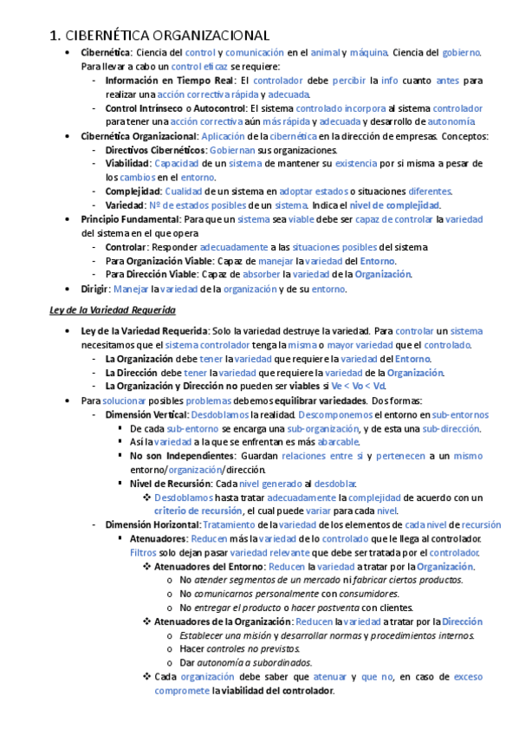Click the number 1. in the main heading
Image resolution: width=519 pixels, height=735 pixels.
point(55,36)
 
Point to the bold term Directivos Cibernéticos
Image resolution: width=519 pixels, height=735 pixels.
point(145,150)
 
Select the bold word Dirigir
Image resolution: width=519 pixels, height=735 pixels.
point(94,289)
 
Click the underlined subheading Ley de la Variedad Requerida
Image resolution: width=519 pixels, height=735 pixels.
point(112,309)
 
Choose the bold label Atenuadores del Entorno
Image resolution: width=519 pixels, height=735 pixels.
point(210,566)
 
